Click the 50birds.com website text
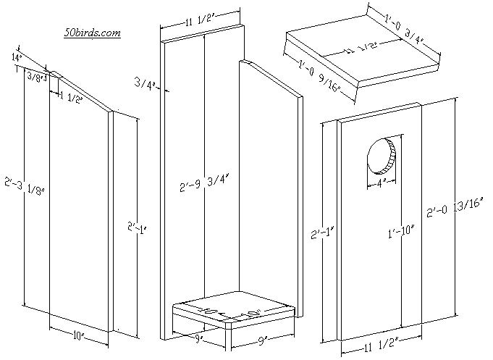91,33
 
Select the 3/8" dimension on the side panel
34,76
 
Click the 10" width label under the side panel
78,336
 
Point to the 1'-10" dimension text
399,232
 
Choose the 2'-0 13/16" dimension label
456,211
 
